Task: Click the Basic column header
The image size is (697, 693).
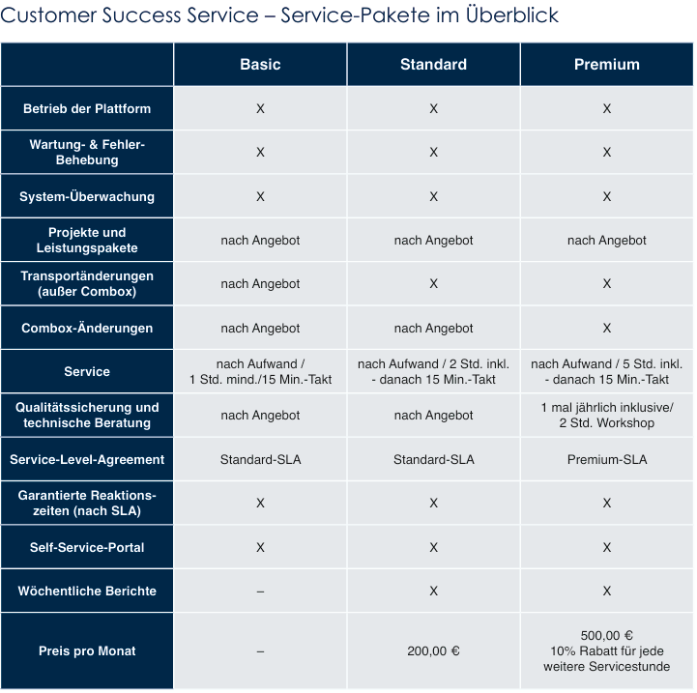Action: click(x=260, y=65)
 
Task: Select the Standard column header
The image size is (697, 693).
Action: click(x=433, y=65)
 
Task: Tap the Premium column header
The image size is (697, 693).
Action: click(x=607, y=65)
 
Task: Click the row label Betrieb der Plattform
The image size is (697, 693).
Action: click(x=87, y=108)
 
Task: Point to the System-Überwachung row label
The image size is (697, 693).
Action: click(x=87, y=196)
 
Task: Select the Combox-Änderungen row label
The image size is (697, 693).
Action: click(x=87, y=328)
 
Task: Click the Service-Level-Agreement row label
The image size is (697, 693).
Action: click(x=87, y=459)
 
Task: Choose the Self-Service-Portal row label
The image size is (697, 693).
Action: click(x=87, y=547)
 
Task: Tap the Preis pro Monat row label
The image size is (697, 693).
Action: click(x=87, y=650)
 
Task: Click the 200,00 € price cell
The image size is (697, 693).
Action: click(x=433, y=650)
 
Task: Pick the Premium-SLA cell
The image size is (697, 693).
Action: click(x=607, y=459)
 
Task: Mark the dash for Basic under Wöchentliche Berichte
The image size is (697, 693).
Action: click(x=260, y=592)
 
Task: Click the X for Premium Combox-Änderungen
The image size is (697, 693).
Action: click(x=607, y=328)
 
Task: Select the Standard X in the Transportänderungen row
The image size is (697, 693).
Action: click(x=433, y=283)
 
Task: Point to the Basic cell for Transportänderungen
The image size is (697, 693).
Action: click(x=260, y=283)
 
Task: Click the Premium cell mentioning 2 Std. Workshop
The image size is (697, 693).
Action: click(x=607, y=416)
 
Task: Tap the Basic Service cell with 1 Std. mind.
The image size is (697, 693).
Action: click(x=260, y=371)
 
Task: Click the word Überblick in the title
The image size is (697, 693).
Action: click(x=512, y=14)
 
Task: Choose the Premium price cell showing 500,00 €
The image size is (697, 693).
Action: click(x=607, y=650)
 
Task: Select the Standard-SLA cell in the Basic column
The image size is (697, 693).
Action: click(x=260, y=459)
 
